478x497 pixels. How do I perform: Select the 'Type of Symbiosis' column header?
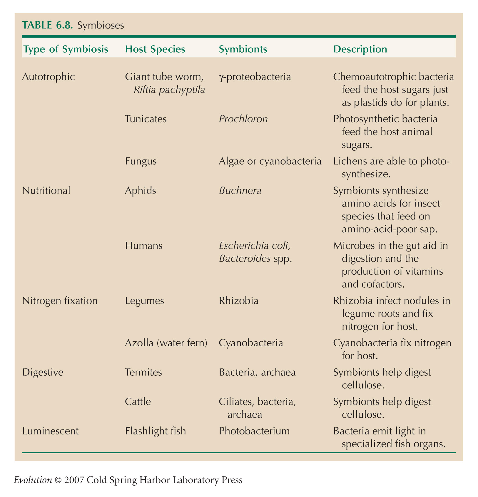tap(66, 49)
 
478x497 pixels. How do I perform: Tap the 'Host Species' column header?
tap(155, 49)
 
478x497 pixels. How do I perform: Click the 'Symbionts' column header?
tap(243, 49)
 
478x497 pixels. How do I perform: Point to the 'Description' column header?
tap(360, 49)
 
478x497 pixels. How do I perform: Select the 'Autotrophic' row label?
tap(49, 77)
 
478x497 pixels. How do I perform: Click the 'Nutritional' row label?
tap(46, 191)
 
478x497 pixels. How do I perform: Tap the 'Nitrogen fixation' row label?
tap(60, 301)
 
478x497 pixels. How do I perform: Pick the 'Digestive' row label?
tap(43, 372)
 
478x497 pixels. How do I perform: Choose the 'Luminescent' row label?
tap(51, 431)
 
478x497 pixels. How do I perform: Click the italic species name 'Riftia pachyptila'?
tap(169, 90)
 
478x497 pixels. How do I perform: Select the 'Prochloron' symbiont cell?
tap(243, 119)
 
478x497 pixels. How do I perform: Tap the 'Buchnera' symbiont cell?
tap(240, 191)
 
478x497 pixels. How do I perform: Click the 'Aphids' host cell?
tap(141, 191)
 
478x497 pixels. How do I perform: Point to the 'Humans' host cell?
tap(144, 246)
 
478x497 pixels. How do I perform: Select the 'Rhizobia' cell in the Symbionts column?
tap(239, 301)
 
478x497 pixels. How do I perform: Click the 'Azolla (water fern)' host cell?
tap(166, 343)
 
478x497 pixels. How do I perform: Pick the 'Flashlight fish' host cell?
tap(156, 431)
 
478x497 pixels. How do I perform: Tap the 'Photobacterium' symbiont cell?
tap(254, 431)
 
